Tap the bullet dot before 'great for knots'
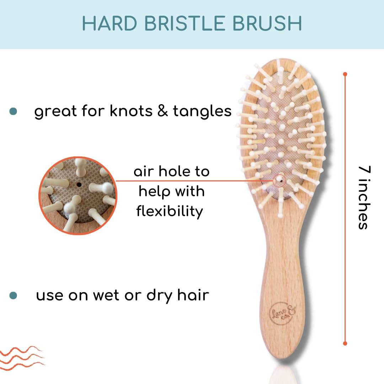tap(13, 111)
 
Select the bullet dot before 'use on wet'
tap(13, 295)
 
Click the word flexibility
tap(170, 212)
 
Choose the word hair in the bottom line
tap(193, 295)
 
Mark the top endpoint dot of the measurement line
tap(345, 74)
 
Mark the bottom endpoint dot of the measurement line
tap(345, 343)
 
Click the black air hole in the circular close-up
tap(79, 185)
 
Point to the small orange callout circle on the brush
tap(279, 180)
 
